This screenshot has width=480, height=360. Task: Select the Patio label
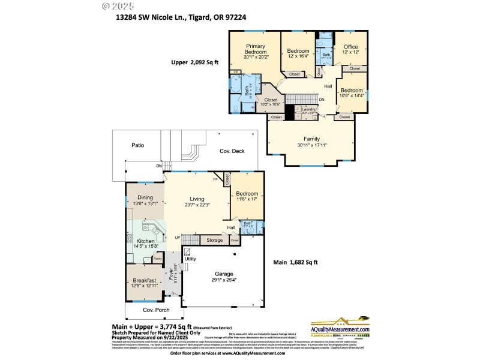pos(137,145)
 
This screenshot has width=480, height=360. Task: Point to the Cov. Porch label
pos(154,310)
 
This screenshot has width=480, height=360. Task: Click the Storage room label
pos(214,241)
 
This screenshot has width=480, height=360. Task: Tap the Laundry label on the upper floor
pos(308,109)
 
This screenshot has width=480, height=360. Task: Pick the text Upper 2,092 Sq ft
pos(196,62)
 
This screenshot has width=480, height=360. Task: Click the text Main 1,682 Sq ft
pos(296,262)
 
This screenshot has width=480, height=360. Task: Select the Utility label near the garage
pos(190,259)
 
